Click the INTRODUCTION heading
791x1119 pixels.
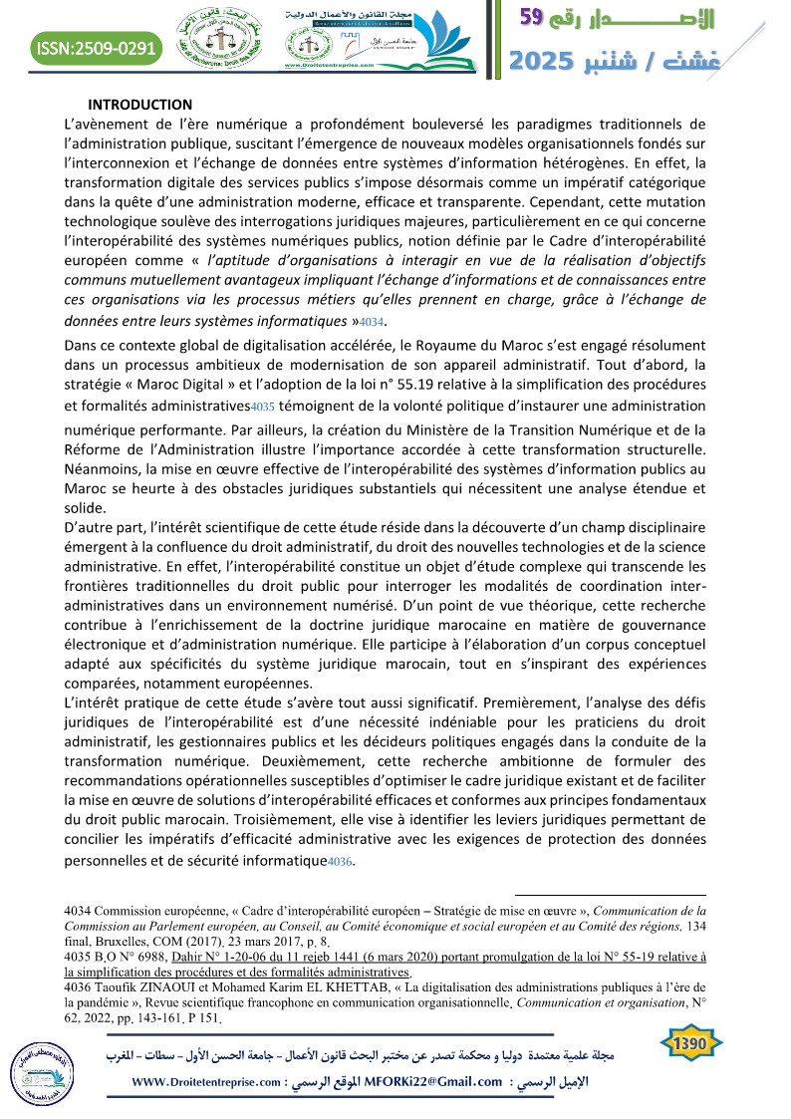[x=139, y=105]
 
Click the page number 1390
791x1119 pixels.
[x=690, y=1041]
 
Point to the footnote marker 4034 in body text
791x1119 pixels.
[x=371, y=322]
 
